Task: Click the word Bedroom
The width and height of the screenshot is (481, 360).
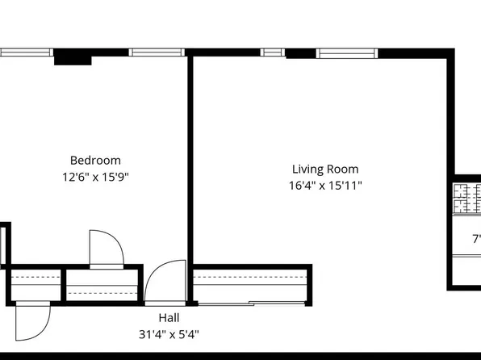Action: click(x=95, y=160)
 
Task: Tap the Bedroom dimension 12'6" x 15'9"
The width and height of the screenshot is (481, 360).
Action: click(x=95, y=176)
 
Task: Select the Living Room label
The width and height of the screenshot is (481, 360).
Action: click(x=324, y=170)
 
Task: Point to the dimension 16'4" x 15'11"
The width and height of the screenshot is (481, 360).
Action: click(x=324, y=186)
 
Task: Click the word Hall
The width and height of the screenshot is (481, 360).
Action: click(x=169, y=318)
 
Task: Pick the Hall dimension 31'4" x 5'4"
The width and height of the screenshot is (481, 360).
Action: click(x=169, y=333)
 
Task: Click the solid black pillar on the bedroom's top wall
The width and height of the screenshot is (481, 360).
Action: click(x=73, y=57)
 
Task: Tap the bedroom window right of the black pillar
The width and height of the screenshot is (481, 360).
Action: click(x=157, y=53)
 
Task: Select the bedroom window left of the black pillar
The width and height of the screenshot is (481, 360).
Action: click(x=26, y=53)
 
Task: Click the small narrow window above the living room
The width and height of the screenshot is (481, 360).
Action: click(x=273, y=53)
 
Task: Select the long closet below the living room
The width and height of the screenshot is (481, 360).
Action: click(x=250, y=283)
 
